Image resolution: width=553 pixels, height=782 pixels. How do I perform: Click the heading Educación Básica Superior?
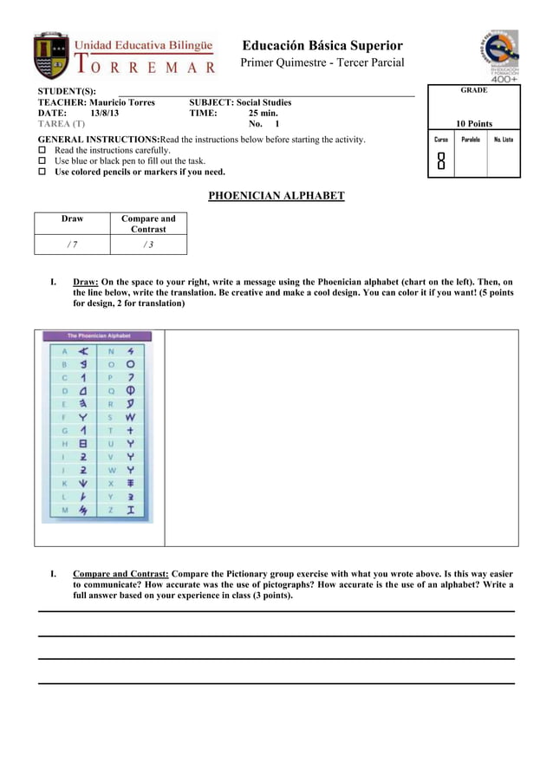(322, 45)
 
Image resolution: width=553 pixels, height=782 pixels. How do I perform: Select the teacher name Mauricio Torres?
(122, 102)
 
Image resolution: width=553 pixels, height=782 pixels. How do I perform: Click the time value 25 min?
(263, 114)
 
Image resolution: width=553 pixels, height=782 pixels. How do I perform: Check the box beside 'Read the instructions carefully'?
(42, 150)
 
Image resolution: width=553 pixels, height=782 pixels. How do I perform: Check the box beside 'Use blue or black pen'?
(42, 161)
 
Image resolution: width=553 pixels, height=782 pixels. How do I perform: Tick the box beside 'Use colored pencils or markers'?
(42, 172)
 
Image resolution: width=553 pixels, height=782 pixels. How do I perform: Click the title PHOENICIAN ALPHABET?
(276, 196)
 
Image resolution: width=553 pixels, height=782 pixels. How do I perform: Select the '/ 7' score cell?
(72, 244)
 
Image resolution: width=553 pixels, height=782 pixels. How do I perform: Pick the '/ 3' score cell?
(148, 244)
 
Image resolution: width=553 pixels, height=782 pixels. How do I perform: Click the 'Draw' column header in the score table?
(72, 219)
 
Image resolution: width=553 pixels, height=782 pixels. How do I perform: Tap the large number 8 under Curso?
(441, 161)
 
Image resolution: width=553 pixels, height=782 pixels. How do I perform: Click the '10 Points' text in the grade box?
(473, 124)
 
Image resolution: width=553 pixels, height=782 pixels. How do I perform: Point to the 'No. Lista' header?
(503, 139)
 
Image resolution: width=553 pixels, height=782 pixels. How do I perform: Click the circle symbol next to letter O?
(130, 365)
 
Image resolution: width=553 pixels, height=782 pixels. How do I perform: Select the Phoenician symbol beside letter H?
(83, 443)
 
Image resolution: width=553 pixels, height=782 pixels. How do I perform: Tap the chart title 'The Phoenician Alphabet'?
(97, 336)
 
